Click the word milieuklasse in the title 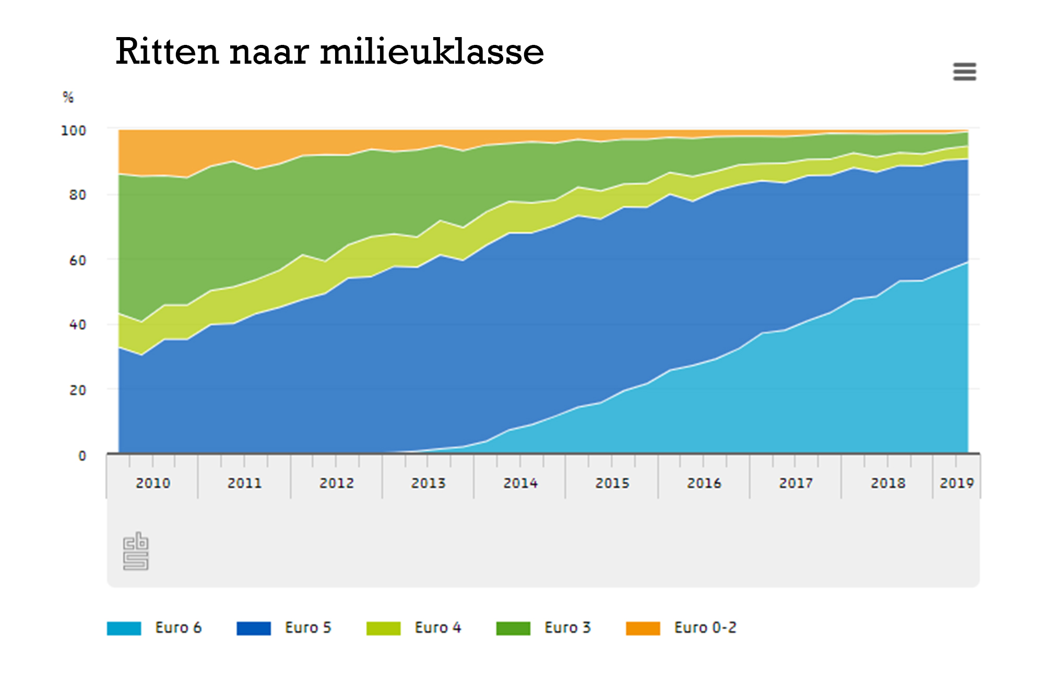tap(432, 52)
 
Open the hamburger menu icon tap(964, 72)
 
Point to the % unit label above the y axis tap(68, 97)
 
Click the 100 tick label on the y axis tap(74, 131)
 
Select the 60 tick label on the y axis tap(78, 260)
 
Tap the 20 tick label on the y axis tap(78, 390)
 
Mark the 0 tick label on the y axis tap(82, 456)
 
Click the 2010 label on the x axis tap(153, 483)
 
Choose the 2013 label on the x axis tap(428, 483)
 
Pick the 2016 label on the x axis tap(704, 483)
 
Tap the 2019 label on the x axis tap(956, 483)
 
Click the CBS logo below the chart tap(136, 551)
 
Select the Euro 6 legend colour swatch tap(124, 628)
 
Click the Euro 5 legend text tap(308, 628)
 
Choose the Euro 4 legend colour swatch tap(383, 628)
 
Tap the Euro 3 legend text tap(567, 628)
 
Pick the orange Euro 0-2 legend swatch tap(643, 628)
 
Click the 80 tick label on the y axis tap(78, 195)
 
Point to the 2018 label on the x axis tap(887, 483)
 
